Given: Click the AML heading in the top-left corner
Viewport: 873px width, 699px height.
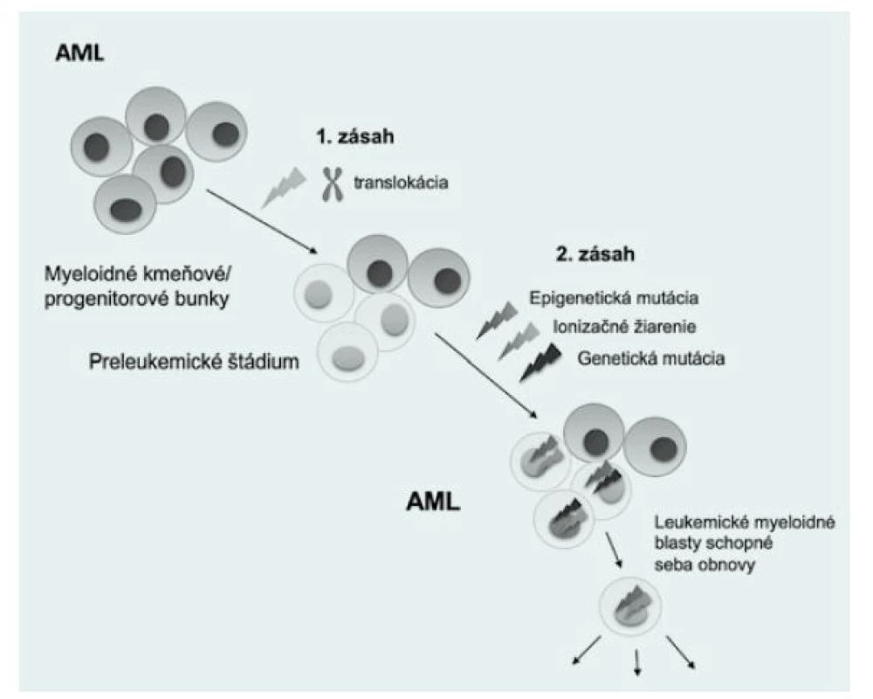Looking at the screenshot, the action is (79, 53).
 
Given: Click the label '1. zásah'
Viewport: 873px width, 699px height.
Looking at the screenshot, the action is (355, 136).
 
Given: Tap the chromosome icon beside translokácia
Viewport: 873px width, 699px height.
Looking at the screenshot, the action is (333, 184).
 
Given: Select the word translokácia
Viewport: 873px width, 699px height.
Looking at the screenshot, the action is (401, 183).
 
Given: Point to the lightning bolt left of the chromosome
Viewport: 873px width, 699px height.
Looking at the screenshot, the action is (285, 187).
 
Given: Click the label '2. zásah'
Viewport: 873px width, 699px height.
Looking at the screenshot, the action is (595, 254).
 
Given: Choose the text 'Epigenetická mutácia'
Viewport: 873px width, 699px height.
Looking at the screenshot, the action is (614, 298).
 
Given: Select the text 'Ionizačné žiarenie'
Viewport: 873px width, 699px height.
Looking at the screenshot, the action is (624, 327).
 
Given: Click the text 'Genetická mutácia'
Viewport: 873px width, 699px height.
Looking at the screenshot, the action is (651, 358).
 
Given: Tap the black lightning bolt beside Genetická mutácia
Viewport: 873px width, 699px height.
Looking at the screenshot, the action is (540, 363).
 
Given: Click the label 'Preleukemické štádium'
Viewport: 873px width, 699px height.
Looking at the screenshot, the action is (194, 362).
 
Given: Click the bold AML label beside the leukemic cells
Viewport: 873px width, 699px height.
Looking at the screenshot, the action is (433, 502).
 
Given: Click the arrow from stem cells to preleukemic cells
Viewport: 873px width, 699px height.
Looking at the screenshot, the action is (262, 222).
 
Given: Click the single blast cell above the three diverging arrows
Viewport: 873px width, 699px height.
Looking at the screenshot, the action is (629, 606).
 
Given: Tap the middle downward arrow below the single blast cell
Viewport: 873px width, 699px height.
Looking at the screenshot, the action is (637, 661).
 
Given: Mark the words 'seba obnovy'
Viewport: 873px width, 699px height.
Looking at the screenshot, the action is (705, 564).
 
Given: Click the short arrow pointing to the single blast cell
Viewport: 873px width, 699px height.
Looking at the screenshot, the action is (614, 550).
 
